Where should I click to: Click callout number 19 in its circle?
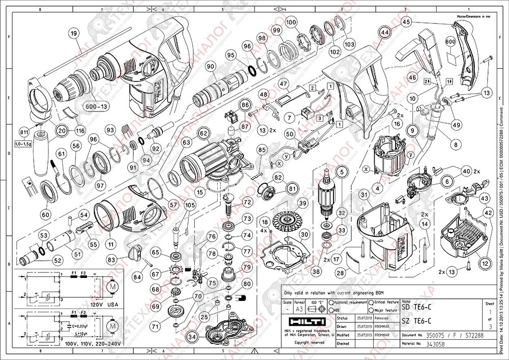pos(74,34)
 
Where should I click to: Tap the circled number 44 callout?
pos(385,32)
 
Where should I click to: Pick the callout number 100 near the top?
pos(291,22)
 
